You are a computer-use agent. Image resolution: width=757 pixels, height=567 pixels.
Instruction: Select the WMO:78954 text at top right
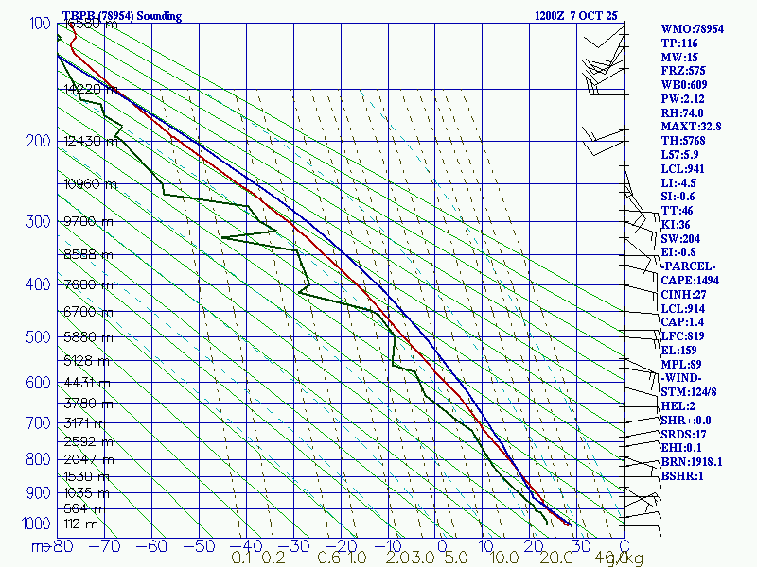tap(693, 29)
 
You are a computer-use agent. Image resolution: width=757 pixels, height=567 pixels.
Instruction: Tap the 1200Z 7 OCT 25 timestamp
tap(576, 16)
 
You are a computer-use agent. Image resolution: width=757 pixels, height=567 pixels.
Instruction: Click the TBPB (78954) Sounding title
tap(121, 16)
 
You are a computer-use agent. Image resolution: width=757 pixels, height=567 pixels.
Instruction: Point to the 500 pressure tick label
tap(32, 337)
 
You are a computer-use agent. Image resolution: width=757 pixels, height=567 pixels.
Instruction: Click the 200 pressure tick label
tap(32, 142)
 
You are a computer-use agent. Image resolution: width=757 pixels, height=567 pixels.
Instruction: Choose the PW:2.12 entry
tap(684, 98)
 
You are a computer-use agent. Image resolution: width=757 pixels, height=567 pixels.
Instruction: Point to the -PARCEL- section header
tap(688, 266)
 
